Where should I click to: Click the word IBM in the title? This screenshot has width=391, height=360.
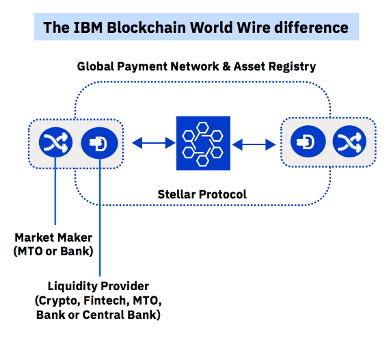88,27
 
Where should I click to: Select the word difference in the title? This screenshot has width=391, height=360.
311,27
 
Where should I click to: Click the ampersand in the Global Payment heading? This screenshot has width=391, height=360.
226,66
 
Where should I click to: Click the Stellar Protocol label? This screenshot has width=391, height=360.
202,194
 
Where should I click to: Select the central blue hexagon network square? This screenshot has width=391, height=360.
203,143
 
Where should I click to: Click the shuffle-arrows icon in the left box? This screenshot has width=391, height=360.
55,142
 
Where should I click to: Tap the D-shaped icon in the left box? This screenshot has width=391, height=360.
100,143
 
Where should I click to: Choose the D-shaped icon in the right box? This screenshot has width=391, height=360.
308,142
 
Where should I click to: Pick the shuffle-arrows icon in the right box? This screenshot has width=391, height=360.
349,142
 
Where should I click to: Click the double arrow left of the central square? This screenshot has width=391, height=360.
154,143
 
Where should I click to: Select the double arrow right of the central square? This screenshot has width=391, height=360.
254,144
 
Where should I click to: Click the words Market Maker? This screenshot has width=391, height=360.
53,237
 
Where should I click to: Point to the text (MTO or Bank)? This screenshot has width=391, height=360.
53,251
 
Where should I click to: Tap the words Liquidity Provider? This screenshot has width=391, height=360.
98,286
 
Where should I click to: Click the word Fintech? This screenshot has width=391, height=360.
107,300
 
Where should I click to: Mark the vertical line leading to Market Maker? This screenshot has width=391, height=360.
55,191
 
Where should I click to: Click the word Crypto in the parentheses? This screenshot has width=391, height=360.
59,301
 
